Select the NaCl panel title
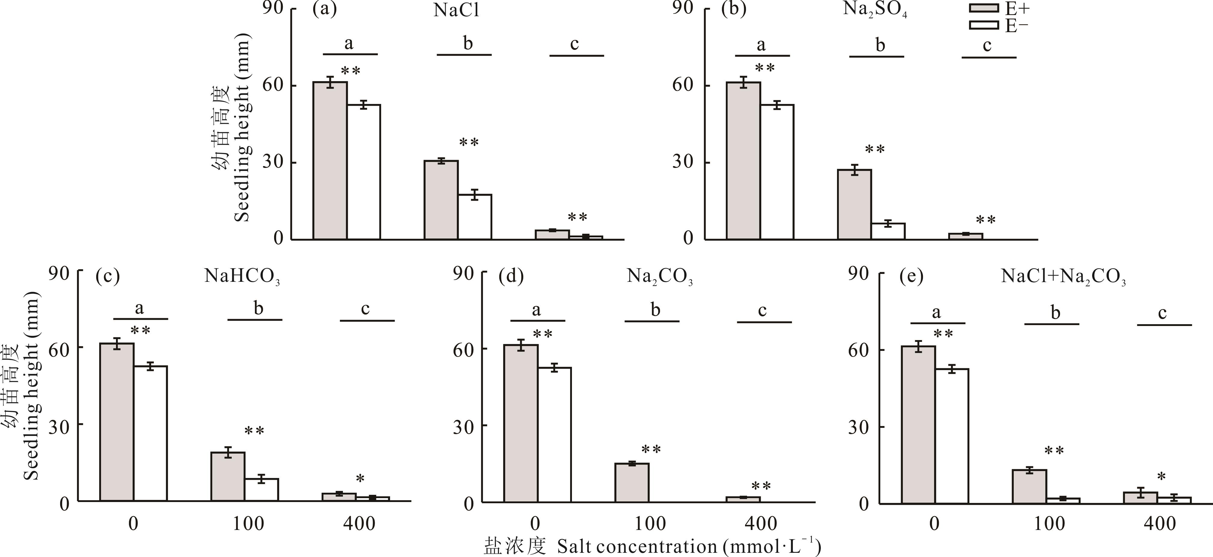tap(456, 10)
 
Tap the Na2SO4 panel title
tap(874, 10)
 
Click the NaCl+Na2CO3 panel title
tap(1063, 276)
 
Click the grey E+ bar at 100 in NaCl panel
tap(441, 200)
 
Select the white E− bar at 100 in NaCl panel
tap(475, 217)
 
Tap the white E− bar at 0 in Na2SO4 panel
tap(777, 172)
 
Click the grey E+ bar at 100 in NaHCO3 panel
tap(228, 476)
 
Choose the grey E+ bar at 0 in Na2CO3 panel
tap(521, 424)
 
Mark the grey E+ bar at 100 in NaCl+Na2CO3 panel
tap(1029, 486)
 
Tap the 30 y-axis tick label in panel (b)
tap(683, 162)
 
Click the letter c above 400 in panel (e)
tap(1162, 313)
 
